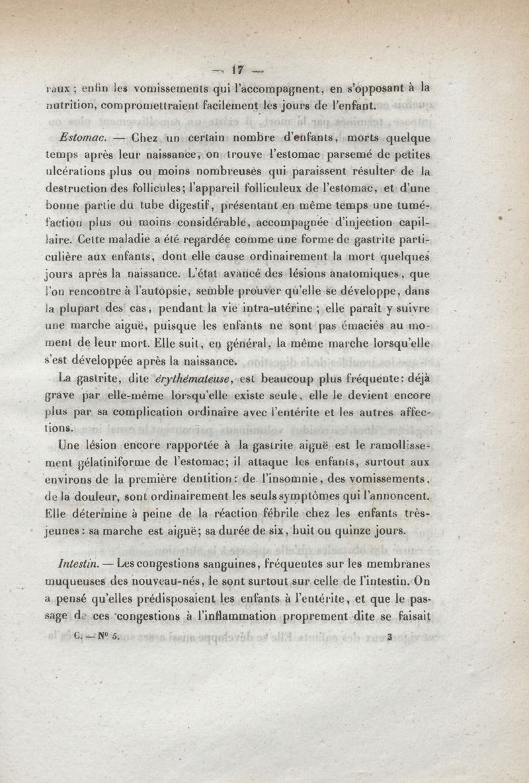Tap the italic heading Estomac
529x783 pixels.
[78, 139]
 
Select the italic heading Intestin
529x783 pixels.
[79, 566]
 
